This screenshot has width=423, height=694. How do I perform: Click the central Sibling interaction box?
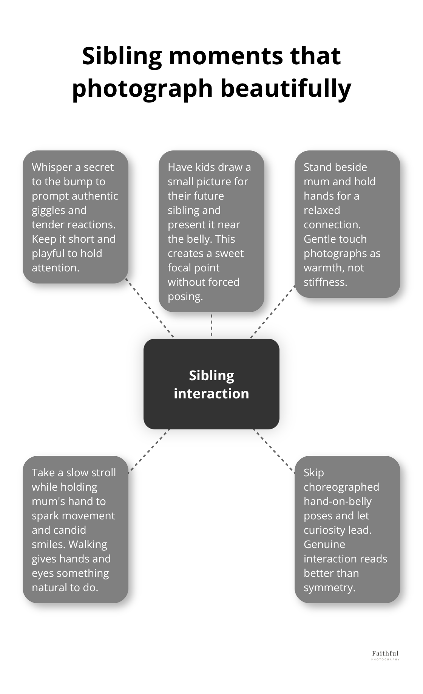(211, 384)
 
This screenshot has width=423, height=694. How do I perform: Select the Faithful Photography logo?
(385, 655)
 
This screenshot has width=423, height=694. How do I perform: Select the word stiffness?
(325, 282)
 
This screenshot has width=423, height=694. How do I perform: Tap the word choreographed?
(341, 487)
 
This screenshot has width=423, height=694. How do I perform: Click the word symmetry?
(329, 587)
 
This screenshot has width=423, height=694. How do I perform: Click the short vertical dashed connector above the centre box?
(211, 325)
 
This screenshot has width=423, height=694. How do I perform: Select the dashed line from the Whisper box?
(150, 308)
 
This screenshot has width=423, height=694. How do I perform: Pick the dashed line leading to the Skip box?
(274, 451)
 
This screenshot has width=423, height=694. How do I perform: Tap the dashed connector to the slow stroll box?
(149, 451)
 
